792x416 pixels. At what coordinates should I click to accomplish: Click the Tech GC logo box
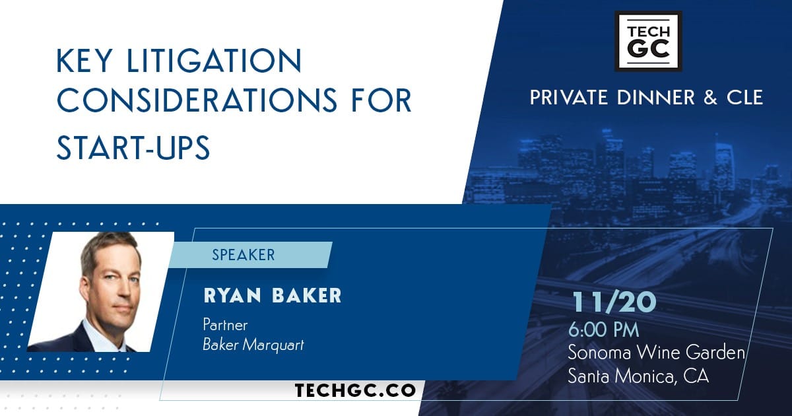point(648,41)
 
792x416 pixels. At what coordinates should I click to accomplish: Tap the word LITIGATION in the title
point(214,61)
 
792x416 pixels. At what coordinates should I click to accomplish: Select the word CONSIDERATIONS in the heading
point(197,100)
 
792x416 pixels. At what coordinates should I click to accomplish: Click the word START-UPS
point(133,147)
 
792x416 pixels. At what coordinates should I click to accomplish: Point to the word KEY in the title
point(84,61)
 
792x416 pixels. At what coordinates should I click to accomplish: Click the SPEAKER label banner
point(250,255)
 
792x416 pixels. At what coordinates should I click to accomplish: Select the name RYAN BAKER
point(273,296)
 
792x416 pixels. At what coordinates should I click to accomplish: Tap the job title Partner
point(225,325)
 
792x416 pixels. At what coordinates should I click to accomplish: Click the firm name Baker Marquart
point(253,345)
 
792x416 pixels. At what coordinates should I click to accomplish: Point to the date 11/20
point(614,302)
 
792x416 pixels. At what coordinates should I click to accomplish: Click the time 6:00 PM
point(603,330)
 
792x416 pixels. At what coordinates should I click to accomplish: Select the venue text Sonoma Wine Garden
point(657,353)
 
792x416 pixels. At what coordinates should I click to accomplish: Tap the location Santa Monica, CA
point(638,376)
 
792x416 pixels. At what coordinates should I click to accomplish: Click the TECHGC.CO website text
point(355,390)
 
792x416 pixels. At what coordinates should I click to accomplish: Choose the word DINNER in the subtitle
point(656,98)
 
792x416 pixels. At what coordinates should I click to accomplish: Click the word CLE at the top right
point(744,98)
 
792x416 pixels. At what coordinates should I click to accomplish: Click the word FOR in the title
point(381,100)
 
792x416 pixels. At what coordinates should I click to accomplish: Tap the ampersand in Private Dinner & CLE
point(710,98)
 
